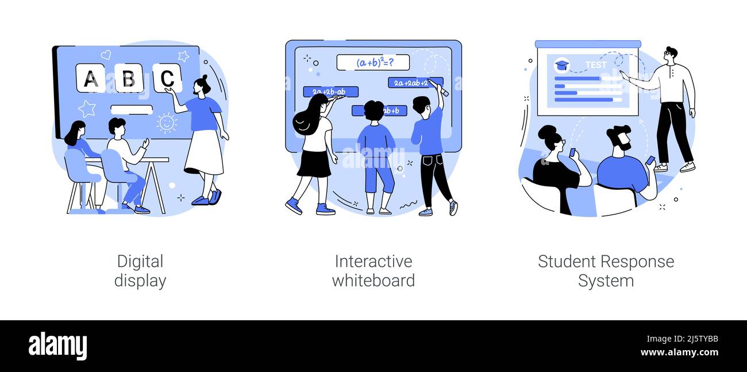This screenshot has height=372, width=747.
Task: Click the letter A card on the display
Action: pos(90,78)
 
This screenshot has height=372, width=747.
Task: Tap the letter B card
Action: pos(129,78)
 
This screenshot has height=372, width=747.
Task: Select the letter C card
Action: pos(167,78)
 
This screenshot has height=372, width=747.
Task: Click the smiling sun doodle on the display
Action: pos(167,123)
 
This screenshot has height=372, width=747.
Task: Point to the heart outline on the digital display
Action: pos(106,55)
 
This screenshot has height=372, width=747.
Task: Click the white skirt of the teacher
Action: pos(204,152)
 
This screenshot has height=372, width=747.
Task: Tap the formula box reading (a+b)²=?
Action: pos(372,62)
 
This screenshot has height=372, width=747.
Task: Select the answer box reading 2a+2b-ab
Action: pos(330,91)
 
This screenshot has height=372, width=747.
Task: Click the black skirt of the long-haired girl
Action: pos(314,164)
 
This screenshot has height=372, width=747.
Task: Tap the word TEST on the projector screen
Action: pos(595,65)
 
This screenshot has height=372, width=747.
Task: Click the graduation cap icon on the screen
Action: pos(561,65)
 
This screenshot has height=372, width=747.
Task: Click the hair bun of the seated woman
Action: pos(546,132)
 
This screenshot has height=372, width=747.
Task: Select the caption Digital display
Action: pos(140,271)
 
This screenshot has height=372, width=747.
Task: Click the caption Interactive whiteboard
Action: pos(373,271)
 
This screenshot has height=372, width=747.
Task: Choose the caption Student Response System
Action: pos(606,271)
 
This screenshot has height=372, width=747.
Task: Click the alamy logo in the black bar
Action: pos(57,346)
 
